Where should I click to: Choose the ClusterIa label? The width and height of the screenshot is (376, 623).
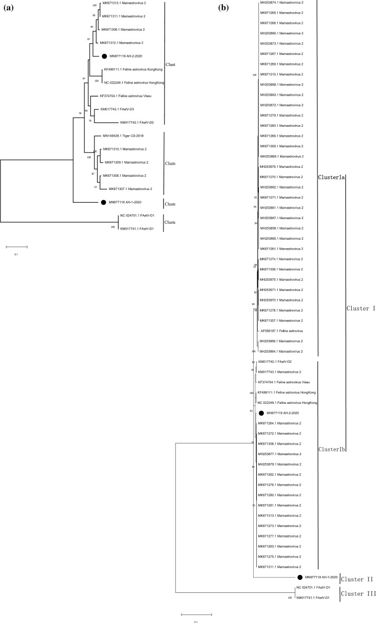[331, 178]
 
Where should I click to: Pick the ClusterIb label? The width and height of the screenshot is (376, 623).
[331, 449]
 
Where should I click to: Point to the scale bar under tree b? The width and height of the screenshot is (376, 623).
[196, 614]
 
